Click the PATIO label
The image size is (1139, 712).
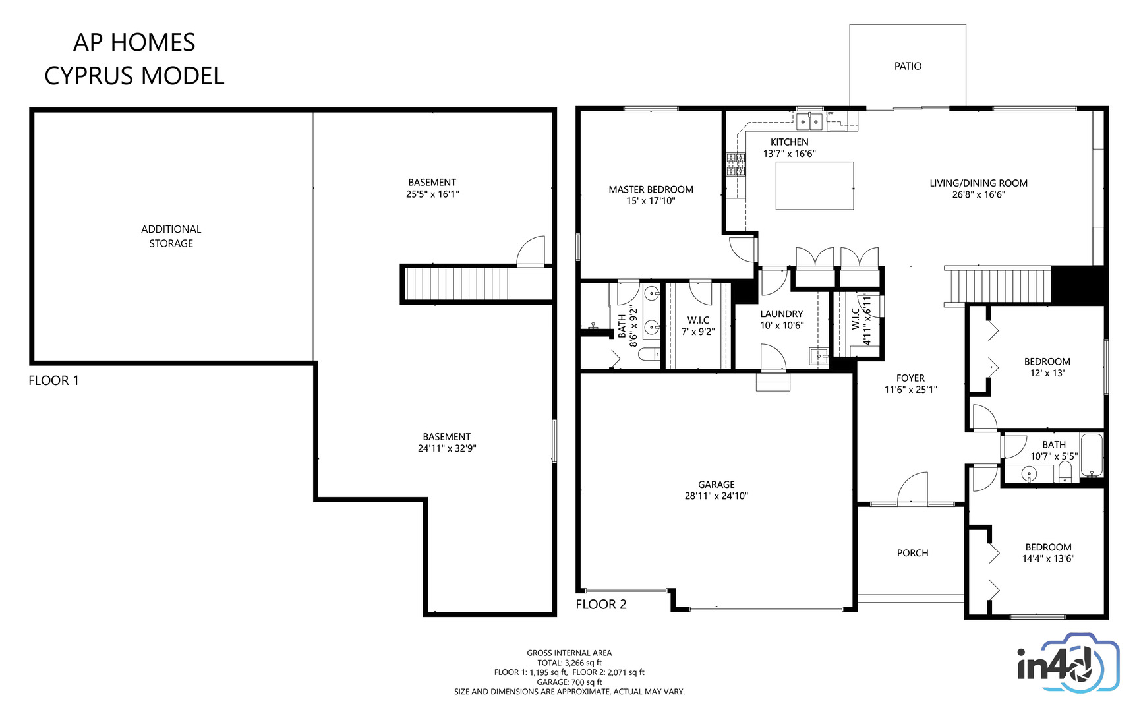pyautogui.click(x=908, y=66)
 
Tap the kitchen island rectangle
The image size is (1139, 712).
pyautogui.click(x=815, y=186)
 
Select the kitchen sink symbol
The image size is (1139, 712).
pyautogui.click(x=809, y=121)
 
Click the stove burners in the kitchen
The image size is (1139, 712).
pyautogui.click(x=736, y=164)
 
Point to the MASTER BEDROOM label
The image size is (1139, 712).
pyautogui.click(x=651, y=189)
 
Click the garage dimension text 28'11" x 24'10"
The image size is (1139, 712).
pyautogui.click(x=716, y=496)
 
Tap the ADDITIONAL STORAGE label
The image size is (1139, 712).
pyautogui.click(x=171, y=236)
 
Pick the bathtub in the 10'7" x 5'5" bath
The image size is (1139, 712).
pyautogui.click(x=1092, y=455)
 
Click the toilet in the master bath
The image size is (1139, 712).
pyautogui.click(x=649, y=355)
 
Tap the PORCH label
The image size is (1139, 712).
pyautogui.click(x=912, y=553)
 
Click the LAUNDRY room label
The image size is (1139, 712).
pyautogui.click(x=782, y=314)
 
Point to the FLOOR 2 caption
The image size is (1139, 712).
pyautogui.click(x=600, y=604)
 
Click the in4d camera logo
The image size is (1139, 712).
pyautogui.click(x=1068, y=663)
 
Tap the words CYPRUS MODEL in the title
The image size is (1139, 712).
pyautogui.click(x=134, y=76)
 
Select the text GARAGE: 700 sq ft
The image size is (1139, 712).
pyautogui.click(x=569, y=682)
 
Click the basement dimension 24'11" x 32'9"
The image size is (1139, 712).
pyautogui.click(x=447, y=448)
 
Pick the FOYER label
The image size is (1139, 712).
pyautogui.click(x=910, y=378)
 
